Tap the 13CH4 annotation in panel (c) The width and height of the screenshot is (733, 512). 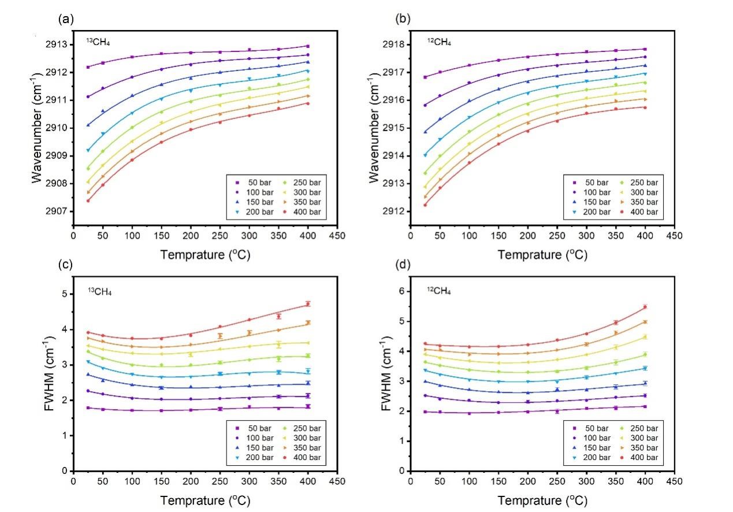tap(99, 291)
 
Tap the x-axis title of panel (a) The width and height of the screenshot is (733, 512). tap(205, 254)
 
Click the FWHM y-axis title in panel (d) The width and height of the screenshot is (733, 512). tap(385, 377)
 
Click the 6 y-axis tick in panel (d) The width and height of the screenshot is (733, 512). tap(401, 291)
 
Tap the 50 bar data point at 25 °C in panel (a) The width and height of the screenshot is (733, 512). tap(88, 67)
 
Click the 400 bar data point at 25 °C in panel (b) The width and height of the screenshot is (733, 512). tap(425, 205)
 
